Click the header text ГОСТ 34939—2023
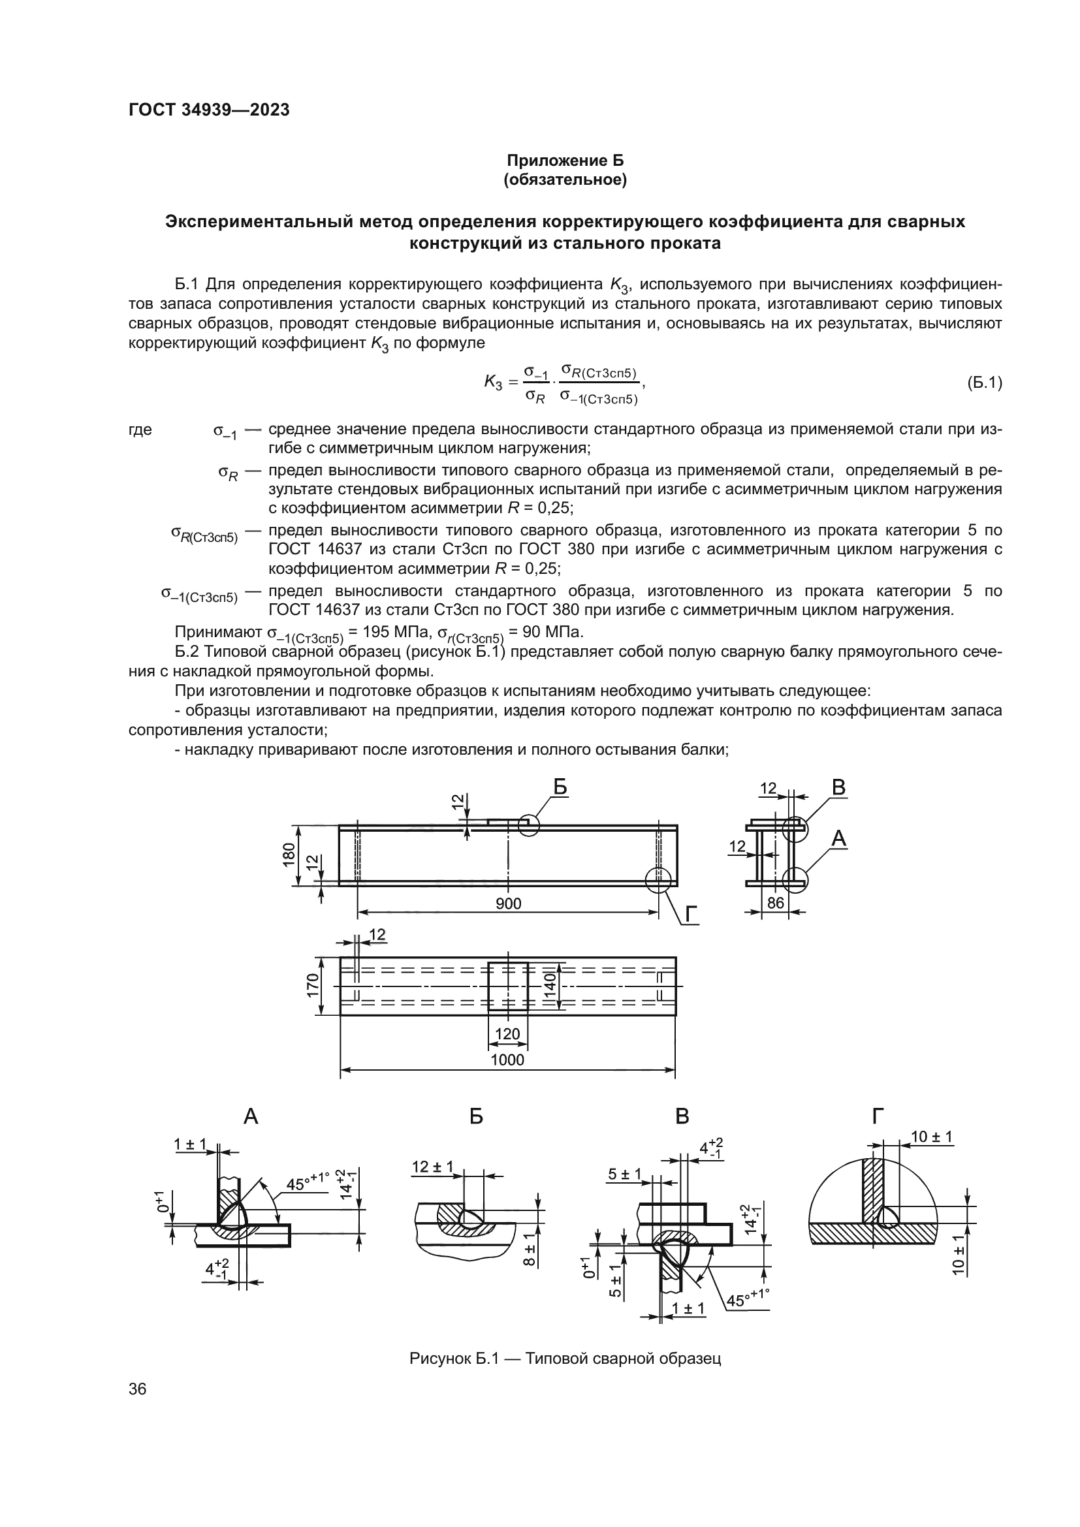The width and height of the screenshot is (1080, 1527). point(209,110)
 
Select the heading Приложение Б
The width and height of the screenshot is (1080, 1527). point(565,161)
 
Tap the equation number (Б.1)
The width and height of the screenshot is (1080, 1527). point(983,384)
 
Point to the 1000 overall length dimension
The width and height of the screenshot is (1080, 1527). point(507,1060)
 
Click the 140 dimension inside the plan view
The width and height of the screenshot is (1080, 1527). point(549,986)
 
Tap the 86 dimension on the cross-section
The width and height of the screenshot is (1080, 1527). point(776,903)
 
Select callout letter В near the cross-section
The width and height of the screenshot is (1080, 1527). point(838,788)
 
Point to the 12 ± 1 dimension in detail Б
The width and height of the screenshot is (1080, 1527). point(432,1167)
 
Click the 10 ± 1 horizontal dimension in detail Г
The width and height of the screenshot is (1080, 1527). point(932,1137)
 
